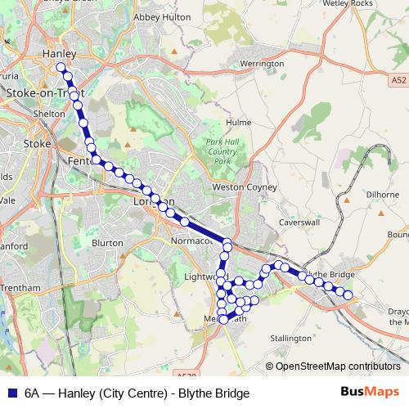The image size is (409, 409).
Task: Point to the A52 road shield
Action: [398, 79]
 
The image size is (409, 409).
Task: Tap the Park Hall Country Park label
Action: [222, 151]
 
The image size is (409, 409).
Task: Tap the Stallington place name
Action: [291, 337]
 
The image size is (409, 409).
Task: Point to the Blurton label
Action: [107, 243]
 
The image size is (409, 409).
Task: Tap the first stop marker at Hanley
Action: [61, 67]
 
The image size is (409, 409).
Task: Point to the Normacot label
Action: [192, 241]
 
